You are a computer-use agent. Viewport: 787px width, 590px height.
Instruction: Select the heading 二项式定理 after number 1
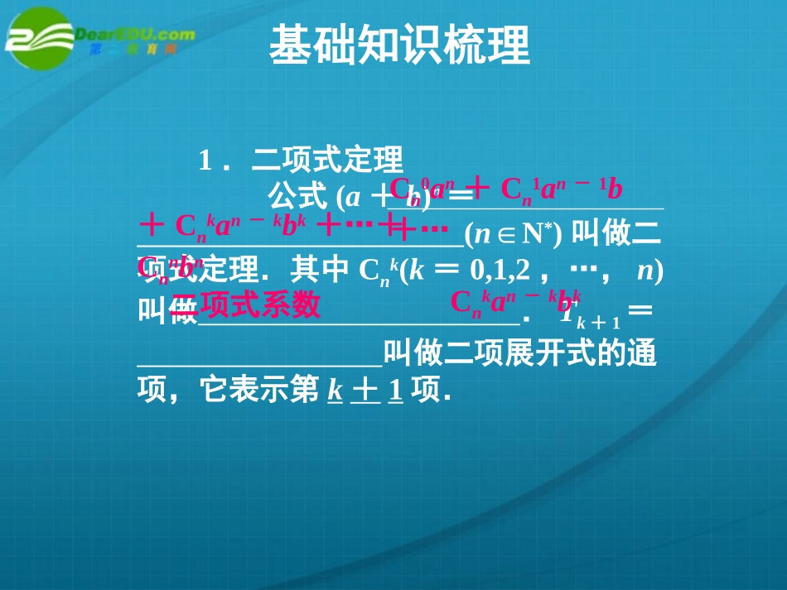327,159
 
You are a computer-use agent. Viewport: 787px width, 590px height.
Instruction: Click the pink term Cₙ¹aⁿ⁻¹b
562,190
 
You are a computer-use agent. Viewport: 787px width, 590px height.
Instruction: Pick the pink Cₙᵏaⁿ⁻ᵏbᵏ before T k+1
515,303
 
